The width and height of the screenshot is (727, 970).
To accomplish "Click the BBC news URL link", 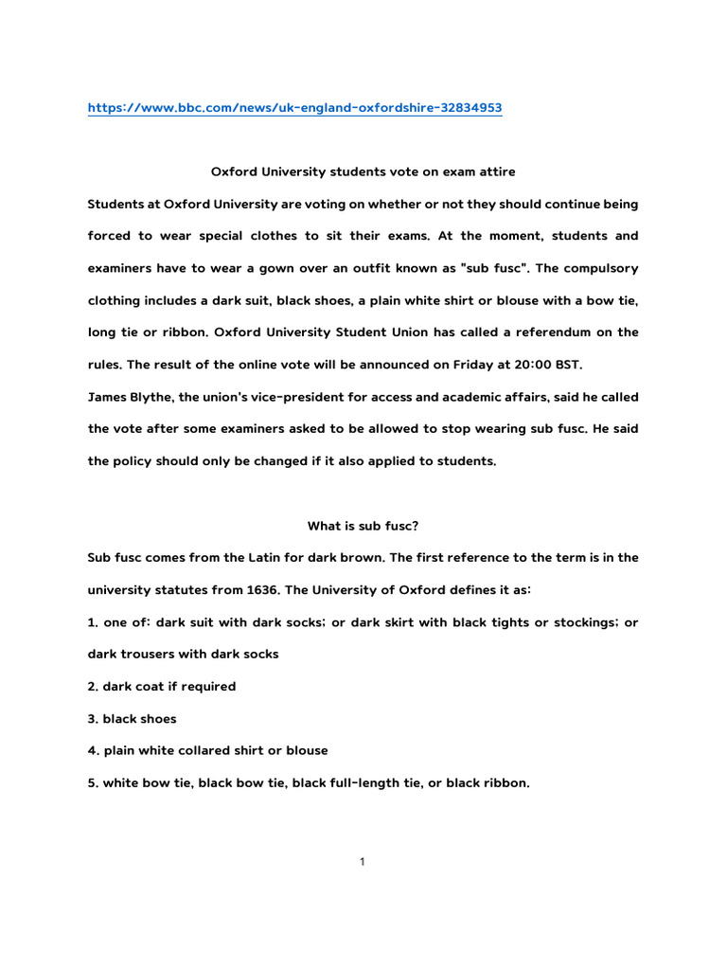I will coord(294,108).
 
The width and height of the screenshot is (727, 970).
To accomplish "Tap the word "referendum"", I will coord(556,332).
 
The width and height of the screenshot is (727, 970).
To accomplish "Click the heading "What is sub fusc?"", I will coord(363,526).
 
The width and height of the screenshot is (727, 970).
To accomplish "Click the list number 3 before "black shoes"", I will coord(92,718).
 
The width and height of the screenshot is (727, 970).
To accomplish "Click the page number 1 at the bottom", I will coord(363,861).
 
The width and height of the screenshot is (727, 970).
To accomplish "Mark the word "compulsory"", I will coord(597,268).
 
